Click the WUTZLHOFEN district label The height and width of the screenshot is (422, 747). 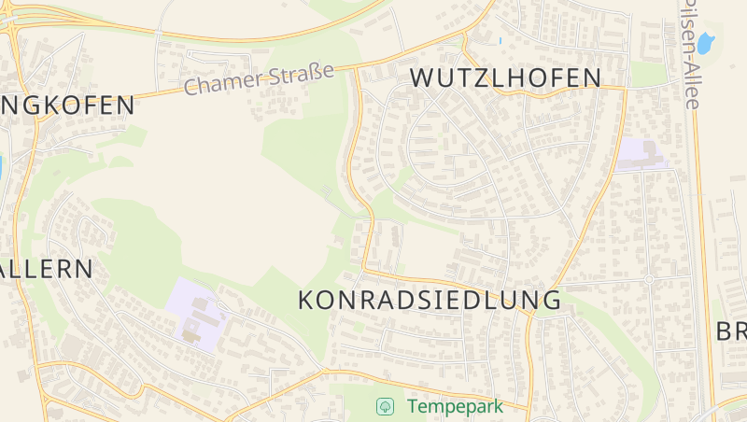pos(506,78)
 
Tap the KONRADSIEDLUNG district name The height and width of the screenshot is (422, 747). pos(430,301)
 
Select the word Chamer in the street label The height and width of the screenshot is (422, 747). pos(218,84)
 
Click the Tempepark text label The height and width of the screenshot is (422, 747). pos(455,407)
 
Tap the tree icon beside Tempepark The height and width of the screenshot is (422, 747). pos(383,407)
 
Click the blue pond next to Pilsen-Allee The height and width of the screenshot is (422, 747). pos(706,43)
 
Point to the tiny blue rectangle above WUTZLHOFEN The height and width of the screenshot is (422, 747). pos(500,40)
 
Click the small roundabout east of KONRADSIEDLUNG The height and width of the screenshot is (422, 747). pos(649,279)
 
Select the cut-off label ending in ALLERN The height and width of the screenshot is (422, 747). pos(47,270)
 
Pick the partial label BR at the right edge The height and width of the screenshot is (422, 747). pos(730,331)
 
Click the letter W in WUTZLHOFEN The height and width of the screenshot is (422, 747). pos(423,78)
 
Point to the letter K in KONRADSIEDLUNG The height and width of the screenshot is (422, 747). pos(307,301)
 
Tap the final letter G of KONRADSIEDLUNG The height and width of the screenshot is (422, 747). pos(552,301)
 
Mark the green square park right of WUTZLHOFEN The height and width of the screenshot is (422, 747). pos(648,75)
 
